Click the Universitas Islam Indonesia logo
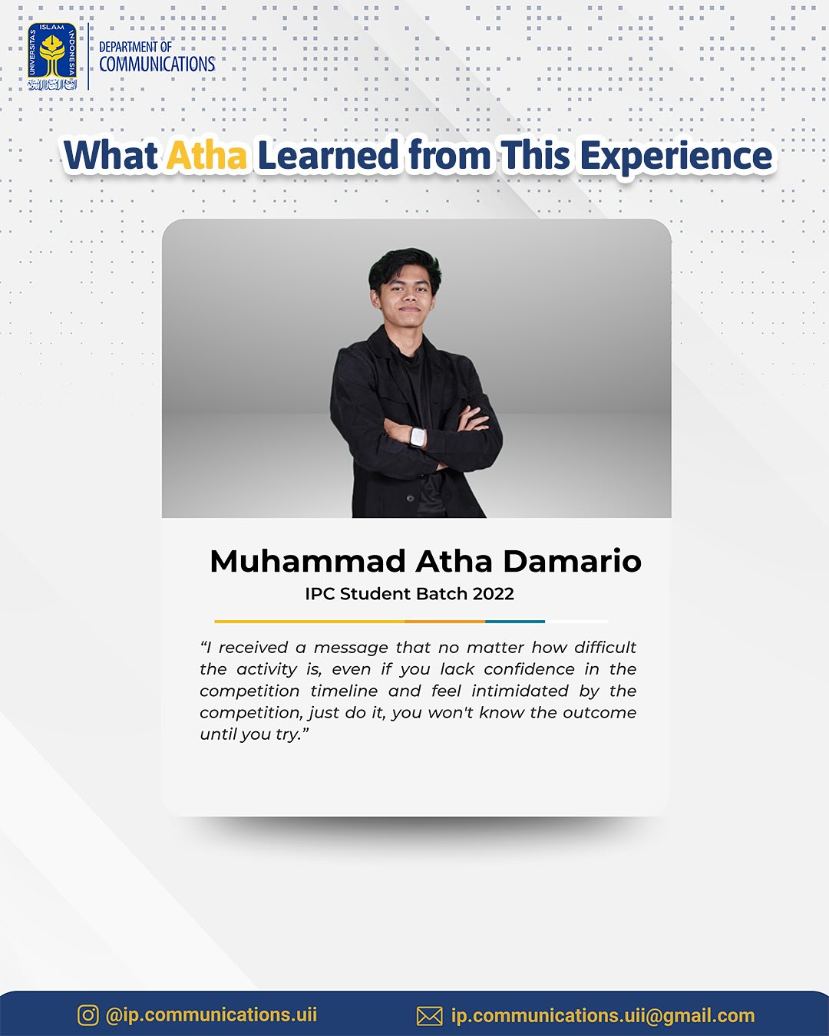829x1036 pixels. point(52,56)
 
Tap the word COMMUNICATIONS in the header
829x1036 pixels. point(157,64)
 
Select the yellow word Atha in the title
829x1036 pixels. point(207,156)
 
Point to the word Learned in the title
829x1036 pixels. point(329,155)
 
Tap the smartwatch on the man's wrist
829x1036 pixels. point(417,437)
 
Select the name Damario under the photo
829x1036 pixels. point(573,561)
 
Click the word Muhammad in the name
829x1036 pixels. point(308,561)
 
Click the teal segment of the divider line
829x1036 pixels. point(515,622)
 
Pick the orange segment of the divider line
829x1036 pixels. point(444,622)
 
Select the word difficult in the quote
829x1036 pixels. point(606,648)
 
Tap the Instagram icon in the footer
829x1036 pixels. point(88,1015)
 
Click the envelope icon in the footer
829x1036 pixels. point(429,1016)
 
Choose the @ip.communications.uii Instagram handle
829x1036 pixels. point(211,1015)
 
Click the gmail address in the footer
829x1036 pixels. point(603,1015)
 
